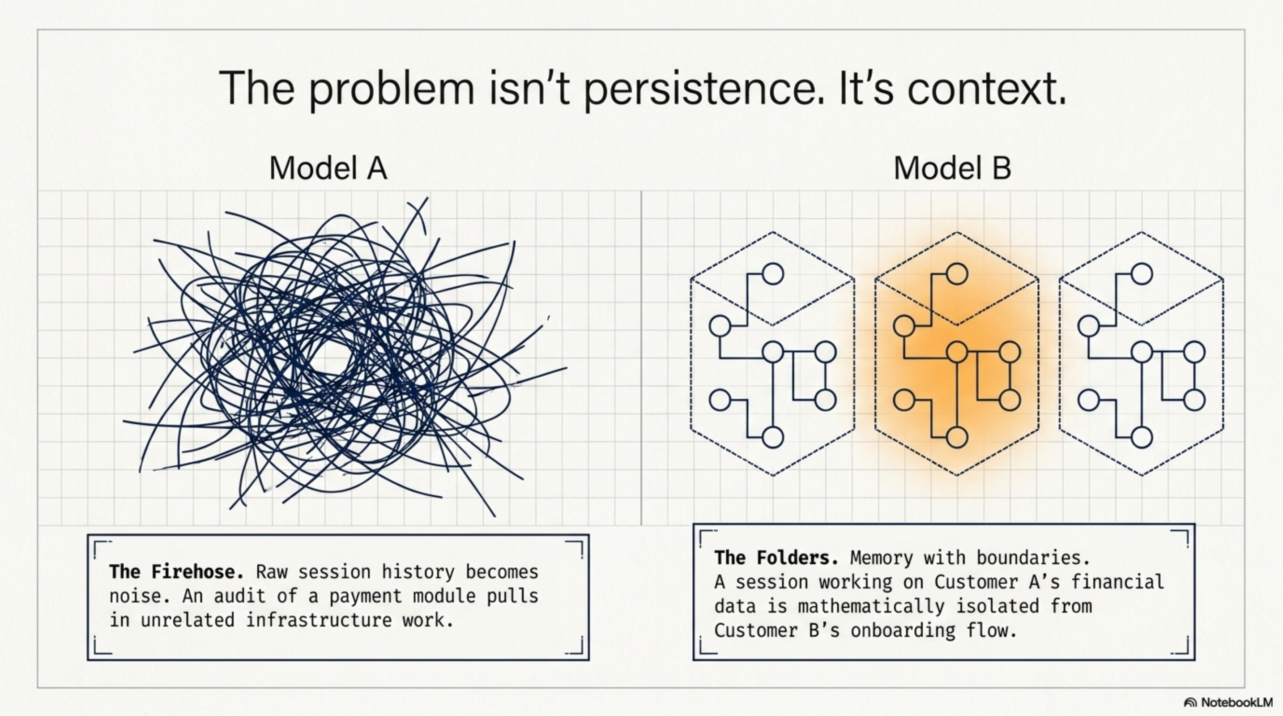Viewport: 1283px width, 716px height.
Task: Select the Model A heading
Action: (x=328, y=168)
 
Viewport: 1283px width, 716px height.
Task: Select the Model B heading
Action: (x=952, y=168)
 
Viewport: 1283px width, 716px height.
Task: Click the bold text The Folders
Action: (x=776, y=558)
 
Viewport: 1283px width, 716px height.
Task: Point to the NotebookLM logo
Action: (x=1228, y=703)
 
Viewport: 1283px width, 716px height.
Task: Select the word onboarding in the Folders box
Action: (x=903, y=631)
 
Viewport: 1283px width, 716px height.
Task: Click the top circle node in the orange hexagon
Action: (x=957, y=274)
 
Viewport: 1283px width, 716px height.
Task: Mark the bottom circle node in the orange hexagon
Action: (x=957, y=438)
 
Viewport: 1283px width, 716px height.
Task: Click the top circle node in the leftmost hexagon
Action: (x=773, y=274)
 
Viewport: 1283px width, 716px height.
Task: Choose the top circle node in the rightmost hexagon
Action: (x=1142, y=274)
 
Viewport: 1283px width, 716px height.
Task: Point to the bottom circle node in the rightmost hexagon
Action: (x=1142, y=438)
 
